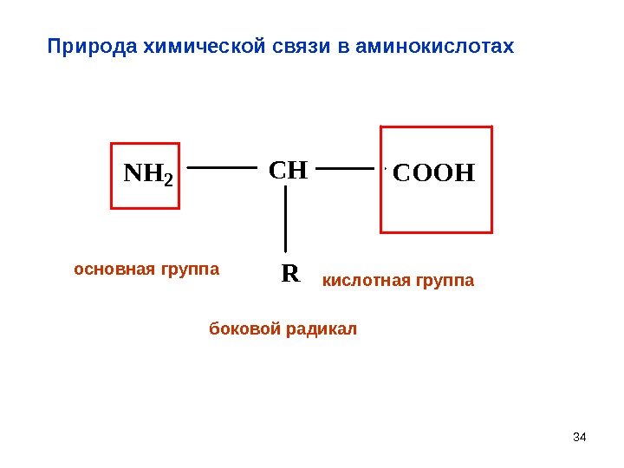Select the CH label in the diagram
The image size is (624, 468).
[289, 169]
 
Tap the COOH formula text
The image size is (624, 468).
[434, 173]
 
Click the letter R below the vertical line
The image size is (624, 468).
[289, 275]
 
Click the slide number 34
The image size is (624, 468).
[581, 435]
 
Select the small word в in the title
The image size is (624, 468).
[335, 45]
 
